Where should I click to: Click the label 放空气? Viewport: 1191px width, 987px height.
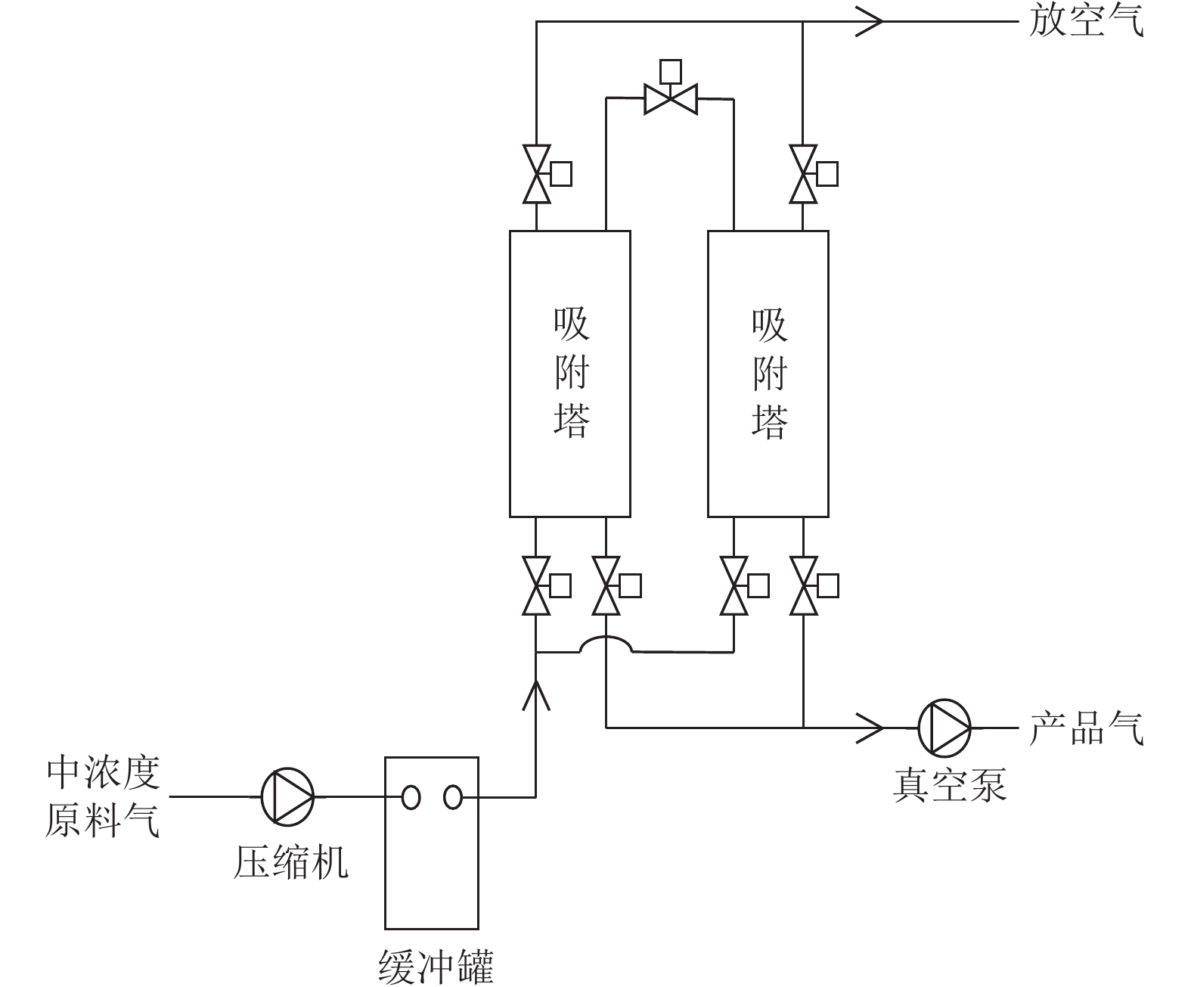[1087, 21]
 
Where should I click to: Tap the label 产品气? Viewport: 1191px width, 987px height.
[1087, 728]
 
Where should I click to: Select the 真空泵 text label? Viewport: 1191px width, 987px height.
[950, 785]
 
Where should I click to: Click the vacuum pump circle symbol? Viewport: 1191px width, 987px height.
[944, 728]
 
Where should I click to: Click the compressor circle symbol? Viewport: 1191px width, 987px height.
[287, 796]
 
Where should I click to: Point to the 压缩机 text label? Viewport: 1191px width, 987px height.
[291, 862]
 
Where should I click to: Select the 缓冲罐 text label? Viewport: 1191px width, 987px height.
[436, 967]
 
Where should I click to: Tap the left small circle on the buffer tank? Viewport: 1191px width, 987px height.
[411, 797]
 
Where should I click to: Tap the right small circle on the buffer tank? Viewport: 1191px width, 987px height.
[453, 797]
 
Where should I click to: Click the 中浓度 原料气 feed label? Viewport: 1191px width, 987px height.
[103, 797]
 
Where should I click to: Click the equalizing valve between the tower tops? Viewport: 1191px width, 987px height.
[671, 88]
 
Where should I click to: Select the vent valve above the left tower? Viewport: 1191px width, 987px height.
[547, 174]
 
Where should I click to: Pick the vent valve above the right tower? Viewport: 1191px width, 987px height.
[814, 174]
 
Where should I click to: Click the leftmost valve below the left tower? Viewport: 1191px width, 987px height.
[547, 586]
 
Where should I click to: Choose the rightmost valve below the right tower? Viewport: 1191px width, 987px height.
[814, 586]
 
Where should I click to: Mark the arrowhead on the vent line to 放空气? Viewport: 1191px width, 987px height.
[870, 21]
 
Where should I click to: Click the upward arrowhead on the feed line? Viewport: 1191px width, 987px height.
[536, 695]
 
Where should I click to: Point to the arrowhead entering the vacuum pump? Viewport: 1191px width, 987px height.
[870, 728]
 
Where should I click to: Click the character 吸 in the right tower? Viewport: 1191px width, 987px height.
[770, 326]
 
